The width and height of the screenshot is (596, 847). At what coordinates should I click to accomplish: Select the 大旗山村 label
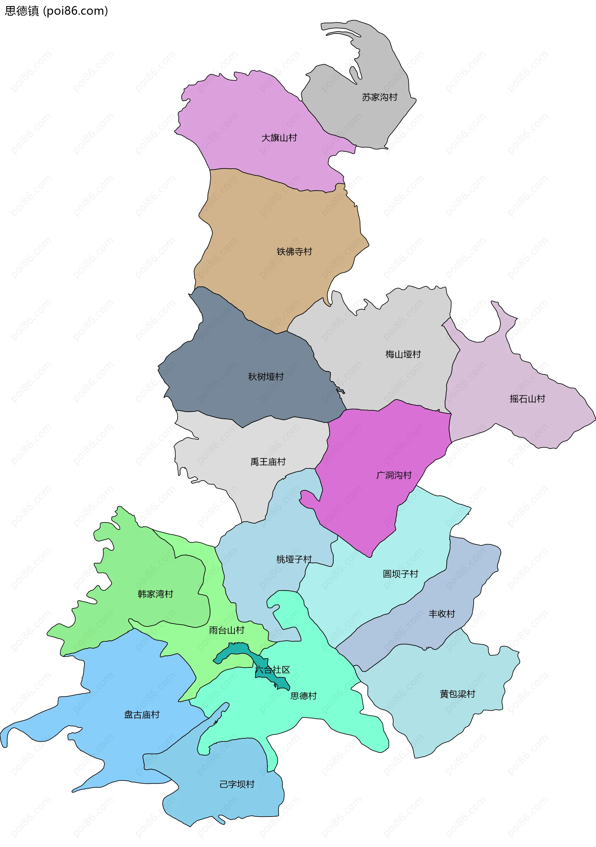(279, 138)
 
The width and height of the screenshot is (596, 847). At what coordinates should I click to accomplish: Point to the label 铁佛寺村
(294, 252)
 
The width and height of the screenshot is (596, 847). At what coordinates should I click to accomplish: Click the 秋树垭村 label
(266, 377)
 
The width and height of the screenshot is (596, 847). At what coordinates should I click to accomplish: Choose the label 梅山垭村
(403, 354)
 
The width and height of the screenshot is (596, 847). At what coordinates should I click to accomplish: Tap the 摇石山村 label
(527, 399)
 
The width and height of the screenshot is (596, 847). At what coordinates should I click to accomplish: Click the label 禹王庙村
(268, 462)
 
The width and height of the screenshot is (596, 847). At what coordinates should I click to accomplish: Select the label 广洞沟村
(394, 475)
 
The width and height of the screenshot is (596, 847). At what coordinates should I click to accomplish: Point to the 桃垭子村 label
(294, 559)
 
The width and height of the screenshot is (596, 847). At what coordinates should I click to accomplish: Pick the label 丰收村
(441, 614)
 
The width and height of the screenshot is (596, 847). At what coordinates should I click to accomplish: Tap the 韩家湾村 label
(155, 594)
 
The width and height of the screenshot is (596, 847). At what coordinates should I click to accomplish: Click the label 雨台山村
(226, 630)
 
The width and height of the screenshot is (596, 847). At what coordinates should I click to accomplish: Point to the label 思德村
(303, 696)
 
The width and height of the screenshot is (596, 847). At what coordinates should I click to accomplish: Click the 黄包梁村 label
(458, 694)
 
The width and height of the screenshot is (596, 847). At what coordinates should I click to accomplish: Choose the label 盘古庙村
(142, 715)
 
